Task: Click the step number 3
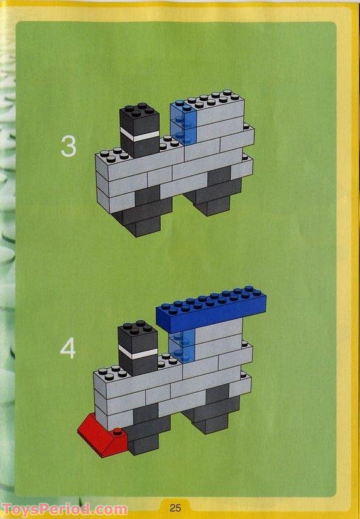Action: pyautogui.click(x=68, y=146)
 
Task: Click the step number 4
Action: pyautogui.click(x=68, y=349)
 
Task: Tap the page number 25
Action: pyautogui.click(x=175, y=508)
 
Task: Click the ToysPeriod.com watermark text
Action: pyautogui.click(x=64, y=509)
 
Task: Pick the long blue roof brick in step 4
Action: pyautogui.click(x=211, y=309)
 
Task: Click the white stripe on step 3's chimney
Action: pyautogui.click(x=139, y=134)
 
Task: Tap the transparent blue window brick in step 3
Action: pyautogui.click(x=183, y=123)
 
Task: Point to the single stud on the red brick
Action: pyautogui.click(x=117, y=431)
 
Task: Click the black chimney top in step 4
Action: pyautogui.click(x=138, y=336)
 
